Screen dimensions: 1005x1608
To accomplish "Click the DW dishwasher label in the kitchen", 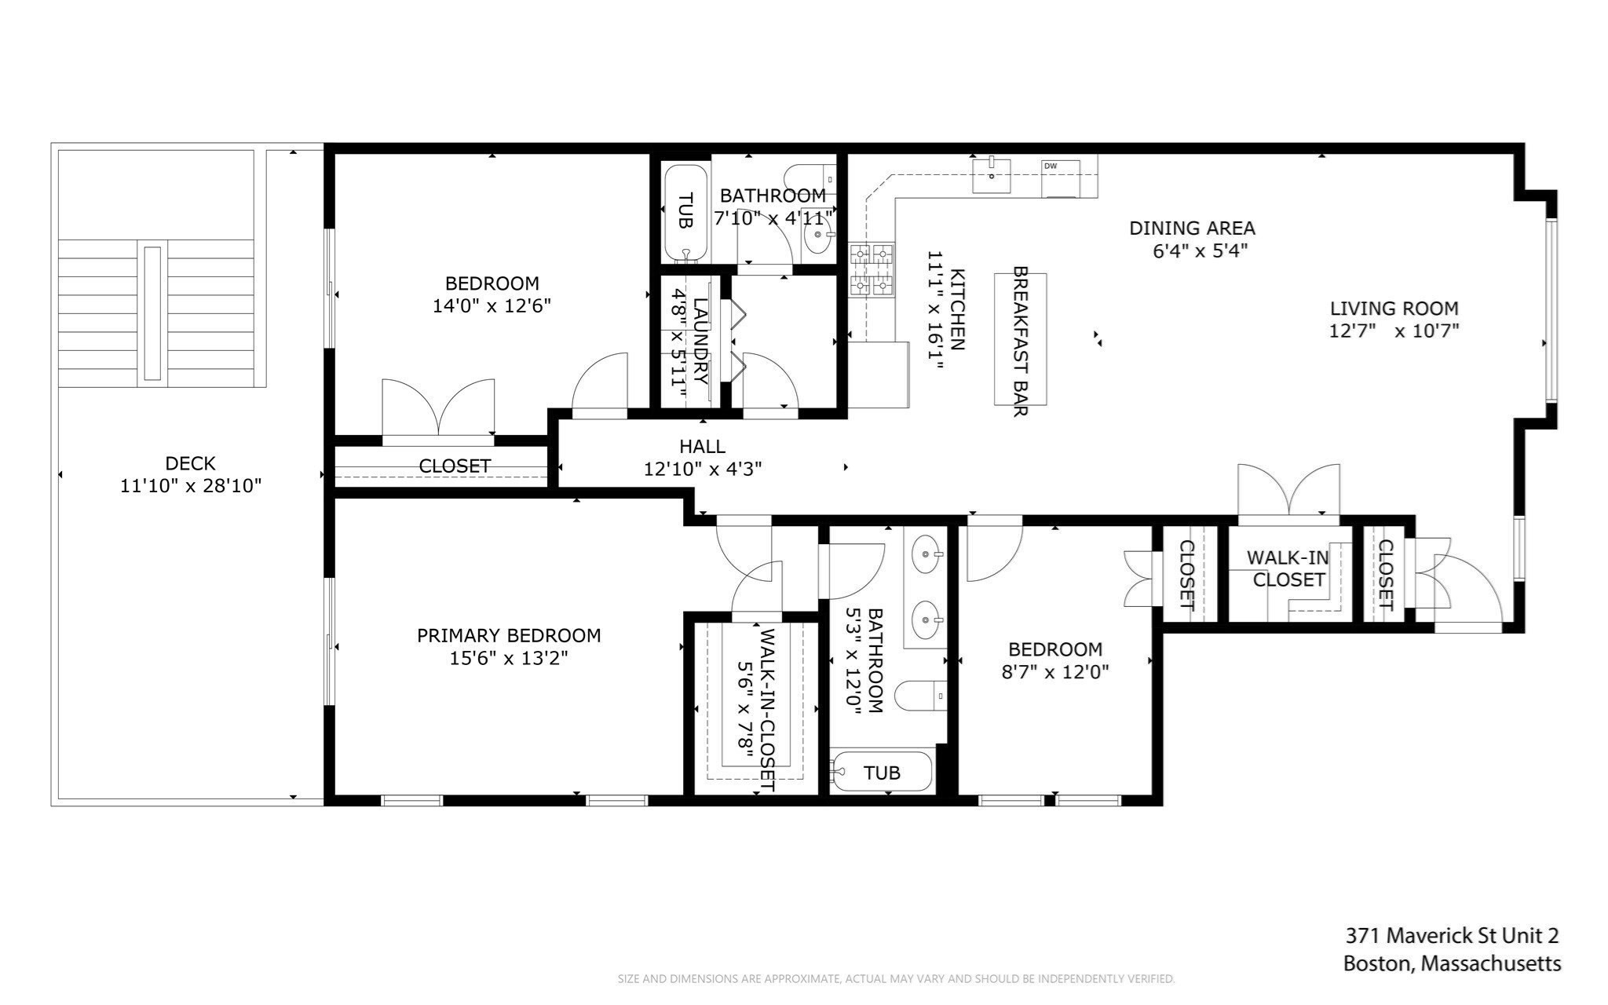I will (x=1050, y=166).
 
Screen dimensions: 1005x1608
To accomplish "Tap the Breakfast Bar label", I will (x=1020, y=341).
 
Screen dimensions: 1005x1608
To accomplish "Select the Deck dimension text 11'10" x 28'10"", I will (x=190, y=486).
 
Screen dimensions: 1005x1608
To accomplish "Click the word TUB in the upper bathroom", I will (x=685, y=210).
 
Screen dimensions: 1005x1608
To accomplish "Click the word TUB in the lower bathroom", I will (x=882, y=773).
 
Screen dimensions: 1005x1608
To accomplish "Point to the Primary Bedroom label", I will (x=508, y=635).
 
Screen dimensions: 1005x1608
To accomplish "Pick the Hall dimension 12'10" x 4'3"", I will (x=702, y=469).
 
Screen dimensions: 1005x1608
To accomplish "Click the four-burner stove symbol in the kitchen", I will (x=872, y=269).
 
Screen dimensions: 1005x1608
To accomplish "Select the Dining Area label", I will (x=1192, y=228).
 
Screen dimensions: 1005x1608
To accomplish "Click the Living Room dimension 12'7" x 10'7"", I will (x=1394, y=331).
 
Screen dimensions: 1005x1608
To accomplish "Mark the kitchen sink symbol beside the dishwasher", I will (x=992, y=174).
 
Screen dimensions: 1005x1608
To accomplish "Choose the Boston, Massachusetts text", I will (x=1452, y=963).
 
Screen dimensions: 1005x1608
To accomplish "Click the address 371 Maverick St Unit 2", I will (x=1452, y=935).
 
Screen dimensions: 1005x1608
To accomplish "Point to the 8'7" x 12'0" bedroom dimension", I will (x=1055, y=671).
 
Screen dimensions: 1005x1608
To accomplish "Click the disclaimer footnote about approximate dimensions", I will (x=896, y=979).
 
